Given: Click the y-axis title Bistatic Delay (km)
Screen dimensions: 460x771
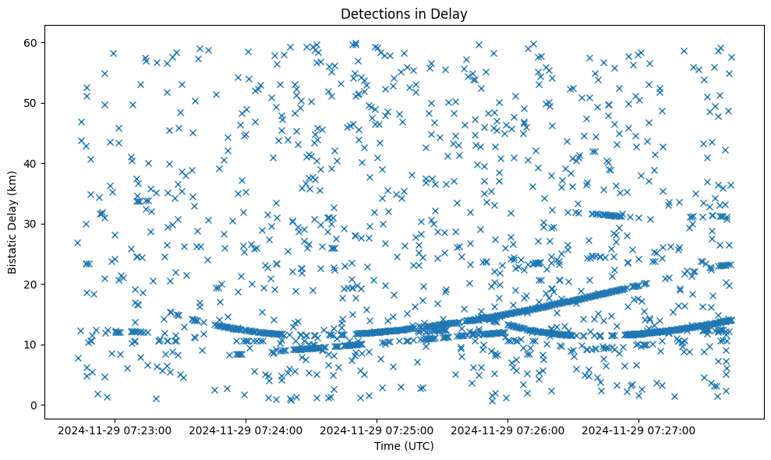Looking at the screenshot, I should point(12,222).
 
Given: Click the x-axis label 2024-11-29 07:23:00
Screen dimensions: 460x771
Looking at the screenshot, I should point(115,430).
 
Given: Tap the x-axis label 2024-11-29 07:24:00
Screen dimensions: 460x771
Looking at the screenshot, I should point(246,430).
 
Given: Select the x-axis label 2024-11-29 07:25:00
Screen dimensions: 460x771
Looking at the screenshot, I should point(377,430).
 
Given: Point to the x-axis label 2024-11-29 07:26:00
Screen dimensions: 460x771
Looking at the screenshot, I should point(508,430).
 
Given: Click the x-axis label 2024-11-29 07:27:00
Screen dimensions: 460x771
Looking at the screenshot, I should point(639,430).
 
